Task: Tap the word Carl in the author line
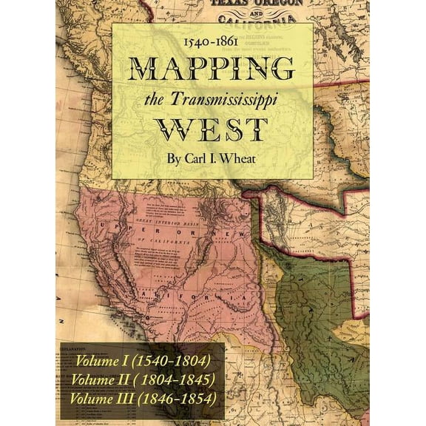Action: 202,159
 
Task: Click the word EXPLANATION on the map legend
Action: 74,345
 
